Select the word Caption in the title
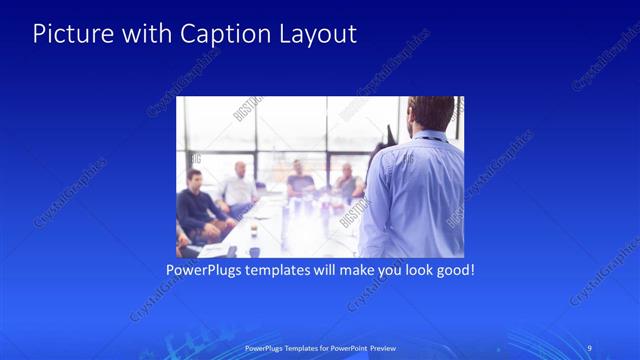click(x=215, y=33)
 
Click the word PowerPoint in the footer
click(x=345, y=348)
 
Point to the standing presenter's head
click(x=431, y=112)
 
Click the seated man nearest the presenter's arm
click(x=347, y=183)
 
